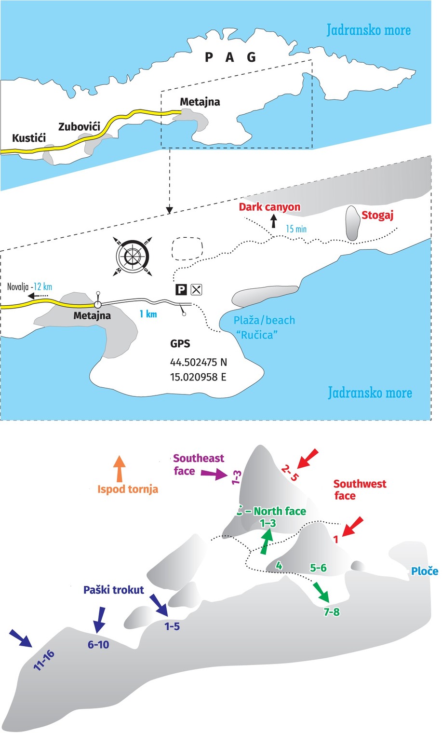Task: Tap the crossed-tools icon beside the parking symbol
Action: (196, 289)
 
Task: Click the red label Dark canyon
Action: (269, 207)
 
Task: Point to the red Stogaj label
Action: (377, 215)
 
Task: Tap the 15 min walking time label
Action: (296, 229)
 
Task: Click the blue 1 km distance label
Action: (148, 314)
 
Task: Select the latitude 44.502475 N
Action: (198, 362)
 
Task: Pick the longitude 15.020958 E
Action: (198, 377)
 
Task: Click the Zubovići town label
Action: (79, 127)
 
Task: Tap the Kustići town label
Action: (29, 138)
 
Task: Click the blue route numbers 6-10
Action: (98, 644)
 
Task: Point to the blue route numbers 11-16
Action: (44, 660)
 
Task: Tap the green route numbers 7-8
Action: (332, 612)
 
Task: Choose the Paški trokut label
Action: (114, 590)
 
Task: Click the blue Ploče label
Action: (424, 571)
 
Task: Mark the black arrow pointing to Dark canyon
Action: (274, 221)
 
